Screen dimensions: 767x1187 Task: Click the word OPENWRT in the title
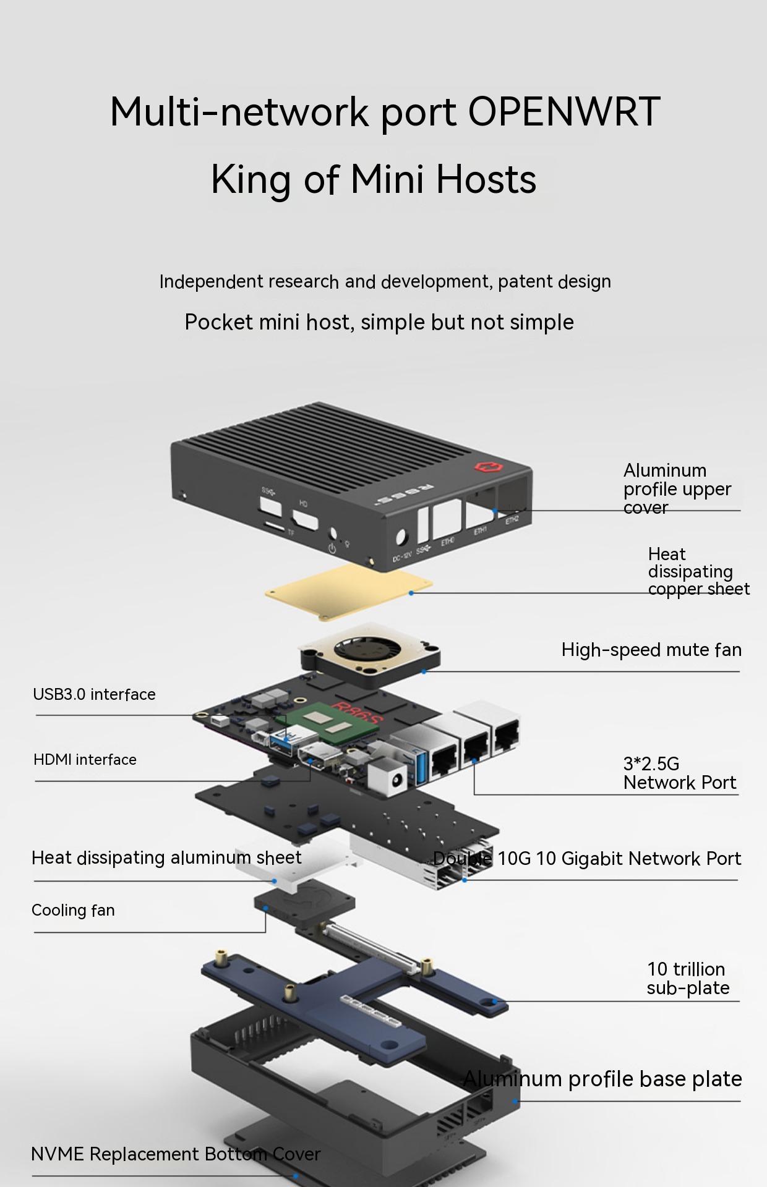coord(563,112)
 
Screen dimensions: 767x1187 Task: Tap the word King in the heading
coord(251,179)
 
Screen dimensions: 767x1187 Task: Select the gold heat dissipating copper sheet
coord(349,591)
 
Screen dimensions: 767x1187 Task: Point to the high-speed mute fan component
coord(370,655)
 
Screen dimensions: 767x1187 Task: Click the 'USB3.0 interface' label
coord(94,694)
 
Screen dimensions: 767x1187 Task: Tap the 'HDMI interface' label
coord(85,760)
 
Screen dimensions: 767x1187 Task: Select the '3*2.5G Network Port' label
coord(680,773)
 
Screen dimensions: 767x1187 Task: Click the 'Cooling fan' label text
coord(73,910)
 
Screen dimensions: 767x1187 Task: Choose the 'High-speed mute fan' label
coord(651,650)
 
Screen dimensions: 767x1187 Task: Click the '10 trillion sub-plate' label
coord(688,978)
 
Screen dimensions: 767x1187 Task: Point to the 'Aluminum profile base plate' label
coord(602,1079)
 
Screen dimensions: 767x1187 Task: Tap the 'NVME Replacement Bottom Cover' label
coord(176,1154)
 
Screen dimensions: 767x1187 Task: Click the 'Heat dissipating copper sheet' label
coord(699,571)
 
